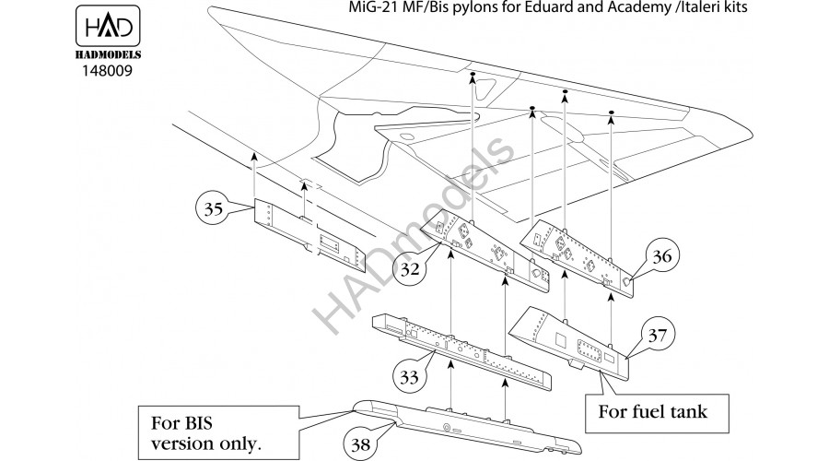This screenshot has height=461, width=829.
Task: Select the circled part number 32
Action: (x=412, y=268)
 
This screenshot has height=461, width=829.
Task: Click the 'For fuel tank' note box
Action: (x=654, y=411)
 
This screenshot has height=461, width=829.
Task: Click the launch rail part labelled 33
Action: (x=461, y=351)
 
